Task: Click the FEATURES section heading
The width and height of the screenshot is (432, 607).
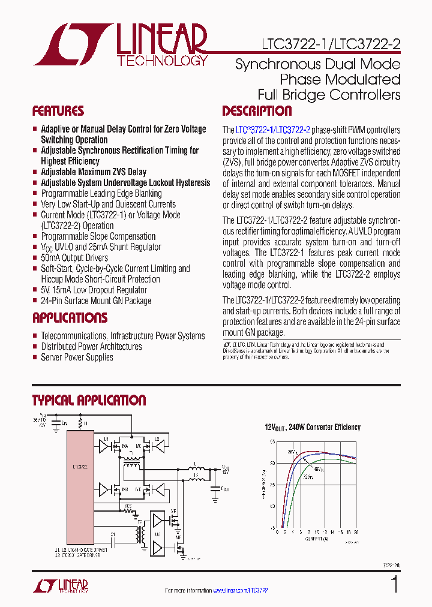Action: [x=58, y=111]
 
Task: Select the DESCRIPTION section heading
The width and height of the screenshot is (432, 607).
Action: [x=257, y=111]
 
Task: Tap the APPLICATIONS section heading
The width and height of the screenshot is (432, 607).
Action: [x=70, y=318]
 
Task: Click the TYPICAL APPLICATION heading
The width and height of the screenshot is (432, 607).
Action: [x=89, y=401]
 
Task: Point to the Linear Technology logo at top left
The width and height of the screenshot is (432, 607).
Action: [x=120, y=44]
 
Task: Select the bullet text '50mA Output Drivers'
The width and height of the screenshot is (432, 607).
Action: [x=74, y=258]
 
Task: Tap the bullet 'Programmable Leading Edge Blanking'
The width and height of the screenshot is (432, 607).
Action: [x=101, y=193]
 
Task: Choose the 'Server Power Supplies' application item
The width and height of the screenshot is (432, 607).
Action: [x=77, y=357]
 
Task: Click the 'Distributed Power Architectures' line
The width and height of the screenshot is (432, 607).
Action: [x=91, y=347]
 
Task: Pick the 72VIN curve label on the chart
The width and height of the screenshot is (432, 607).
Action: [x=307, y=477]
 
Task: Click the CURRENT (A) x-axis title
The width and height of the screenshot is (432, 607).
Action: [x=313, y=538]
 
